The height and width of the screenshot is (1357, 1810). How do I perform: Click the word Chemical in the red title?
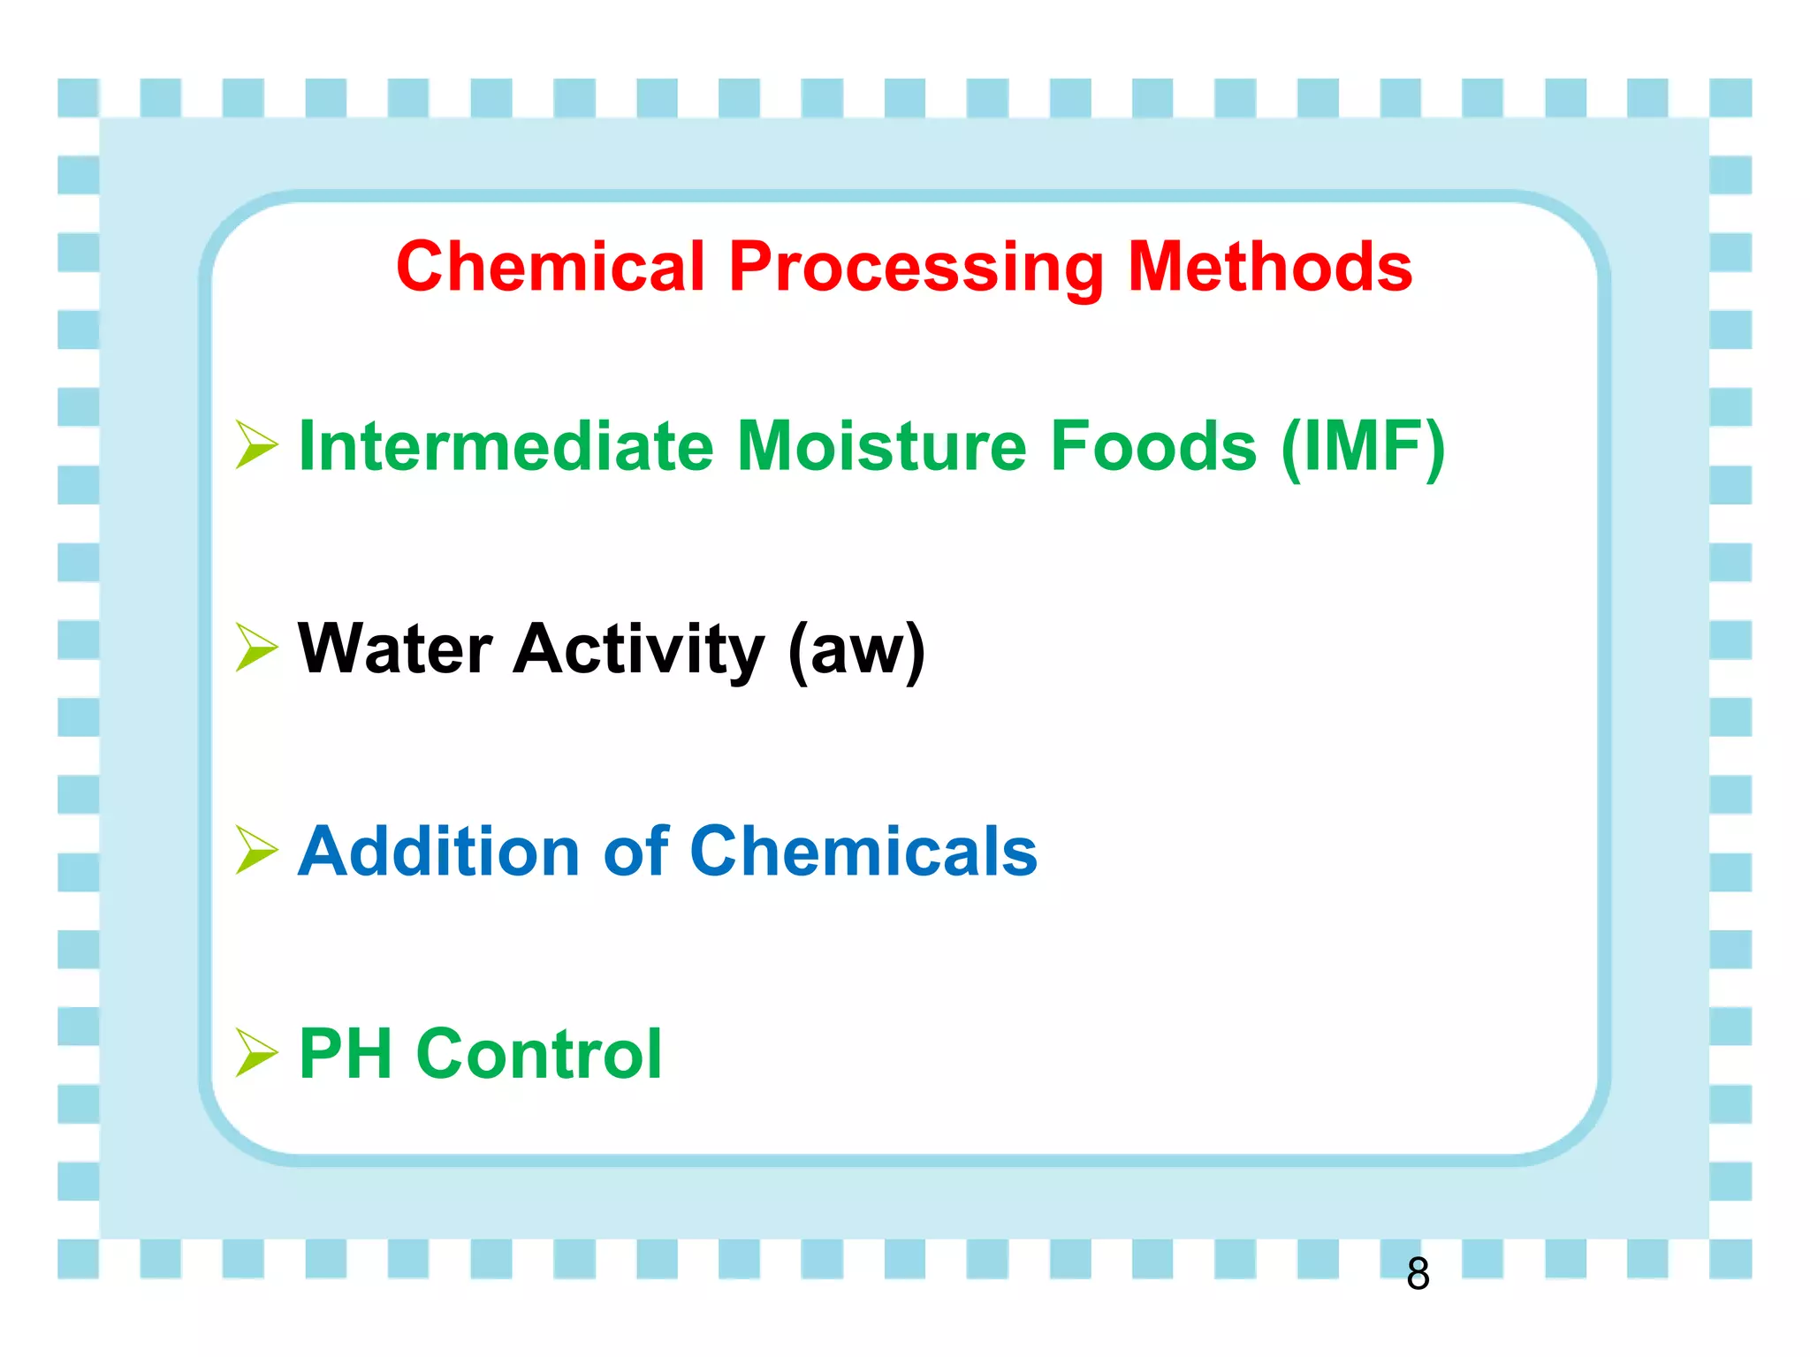[x=550, y=267]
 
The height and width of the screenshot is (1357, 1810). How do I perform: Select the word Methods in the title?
[x=1270, y=267]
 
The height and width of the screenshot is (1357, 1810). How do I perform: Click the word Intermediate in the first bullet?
[x=506, y=446]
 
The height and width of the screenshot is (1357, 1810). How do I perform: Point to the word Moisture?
[x=881, y=446]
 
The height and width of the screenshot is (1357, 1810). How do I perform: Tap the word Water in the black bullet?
[x=395, y=649]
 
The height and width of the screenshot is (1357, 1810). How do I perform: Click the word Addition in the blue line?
[x=438, y=852]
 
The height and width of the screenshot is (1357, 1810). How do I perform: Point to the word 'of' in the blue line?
[x=635, y=852]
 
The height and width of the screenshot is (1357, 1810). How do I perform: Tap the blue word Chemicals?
[x=863, y=852]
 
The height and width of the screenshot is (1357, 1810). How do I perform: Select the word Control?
[x=539, y=1054]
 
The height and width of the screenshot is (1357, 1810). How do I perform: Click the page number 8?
[x=1418, y=1274]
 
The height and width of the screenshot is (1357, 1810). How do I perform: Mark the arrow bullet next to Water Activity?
[x=256, y=648]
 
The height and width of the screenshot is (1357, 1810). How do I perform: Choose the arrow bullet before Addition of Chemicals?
[x=256, y=850]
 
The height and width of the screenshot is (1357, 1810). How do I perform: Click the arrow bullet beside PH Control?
[x=256, y=1053]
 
